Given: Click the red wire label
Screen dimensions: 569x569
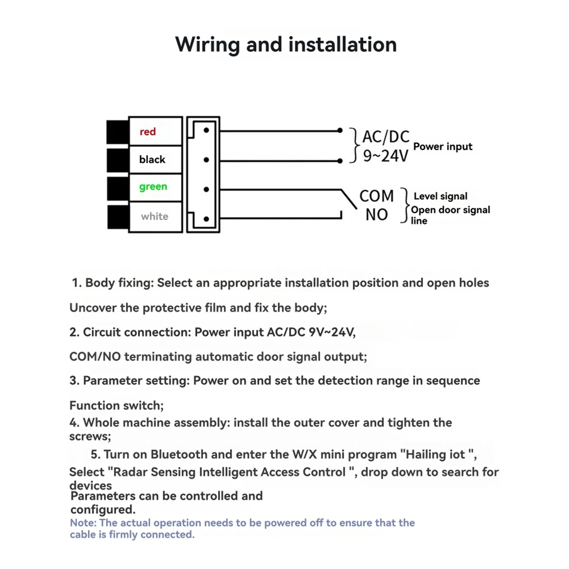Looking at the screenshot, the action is point(147,131).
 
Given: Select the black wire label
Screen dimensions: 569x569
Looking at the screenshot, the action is point(152,159).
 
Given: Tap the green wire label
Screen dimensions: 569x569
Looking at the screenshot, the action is point(153,187).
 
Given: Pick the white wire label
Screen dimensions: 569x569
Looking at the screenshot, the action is point(155,216).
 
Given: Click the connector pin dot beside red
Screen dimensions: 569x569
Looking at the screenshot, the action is point(206,130).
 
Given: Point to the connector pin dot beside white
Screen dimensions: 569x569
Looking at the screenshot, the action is point(206,219).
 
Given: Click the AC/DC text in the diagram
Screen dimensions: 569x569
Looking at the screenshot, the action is point(385,137).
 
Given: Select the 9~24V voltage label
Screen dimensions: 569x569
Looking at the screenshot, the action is point(385,156).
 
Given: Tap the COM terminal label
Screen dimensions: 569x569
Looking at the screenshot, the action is point(376,196).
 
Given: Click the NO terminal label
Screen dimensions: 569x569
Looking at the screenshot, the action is point(376,215).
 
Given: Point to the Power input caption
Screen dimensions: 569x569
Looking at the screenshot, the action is point(442,147).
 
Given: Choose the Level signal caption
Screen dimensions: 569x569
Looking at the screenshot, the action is point(441,196).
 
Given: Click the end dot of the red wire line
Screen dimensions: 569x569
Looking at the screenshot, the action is point(340,130).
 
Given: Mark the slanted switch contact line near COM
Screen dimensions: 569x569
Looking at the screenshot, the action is point(349,199).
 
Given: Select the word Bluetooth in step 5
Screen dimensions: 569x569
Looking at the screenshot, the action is point(179,454).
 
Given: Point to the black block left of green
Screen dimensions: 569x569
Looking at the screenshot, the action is point(118,188).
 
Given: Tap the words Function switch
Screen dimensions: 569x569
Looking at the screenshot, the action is point(116,405).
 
